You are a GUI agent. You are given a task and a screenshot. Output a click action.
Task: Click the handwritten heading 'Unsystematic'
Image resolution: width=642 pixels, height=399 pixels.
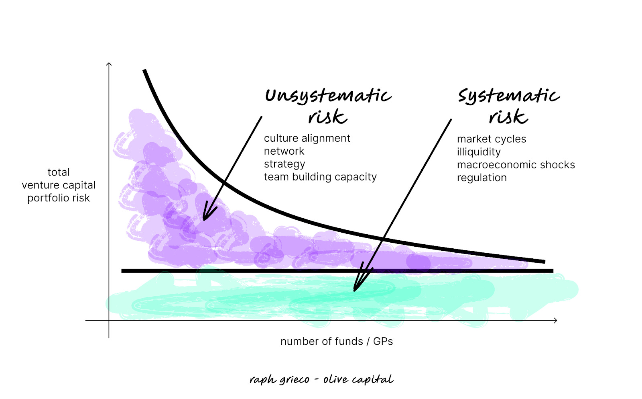pos(328,96)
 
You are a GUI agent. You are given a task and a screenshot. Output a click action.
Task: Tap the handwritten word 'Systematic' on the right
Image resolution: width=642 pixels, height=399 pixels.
pos(508,96)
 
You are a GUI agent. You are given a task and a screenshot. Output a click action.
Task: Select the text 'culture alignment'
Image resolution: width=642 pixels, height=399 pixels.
pos(307,138)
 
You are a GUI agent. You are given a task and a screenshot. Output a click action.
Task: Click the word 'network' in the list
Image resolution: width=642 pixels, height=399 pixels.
pos(284,151)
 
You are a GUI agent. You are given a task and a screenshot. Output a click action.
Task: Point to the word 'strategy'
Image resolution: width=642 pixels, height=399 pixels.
pos(284,164)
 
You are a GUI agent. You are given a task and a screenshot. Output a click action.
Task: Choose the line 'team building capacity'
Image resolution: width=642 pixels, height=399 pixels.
pos(320,177)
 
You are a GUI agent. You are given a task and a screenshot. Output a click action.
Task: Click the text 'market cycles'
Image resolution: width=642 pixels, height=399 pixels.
pos(492,139)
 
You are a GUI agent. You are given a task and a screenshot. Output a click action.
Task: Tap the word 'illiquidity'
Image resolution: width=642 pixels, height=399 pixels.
pos(479,152)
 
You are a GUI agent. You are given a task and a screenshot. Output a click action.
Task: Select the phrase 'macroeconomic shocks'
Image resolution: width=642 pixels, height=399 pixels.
pos(516,165)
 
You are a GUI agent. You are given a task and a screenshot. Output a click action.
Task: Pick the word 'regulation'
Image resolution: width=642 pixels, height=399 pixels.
pos(481,178)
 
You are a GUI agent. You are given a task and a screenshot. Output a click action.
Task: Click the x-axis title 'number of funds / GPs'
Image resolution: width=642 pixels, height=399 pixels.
pos(337,341)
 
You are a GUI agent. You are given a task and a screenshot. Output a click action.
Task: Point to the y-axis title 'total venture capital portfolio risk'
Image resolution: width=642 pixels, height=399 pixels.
pos(59,185)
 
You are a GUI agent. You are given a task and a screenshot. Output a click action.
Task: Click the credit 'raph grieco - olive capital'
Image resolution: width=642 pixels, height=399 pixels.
pos(321,379)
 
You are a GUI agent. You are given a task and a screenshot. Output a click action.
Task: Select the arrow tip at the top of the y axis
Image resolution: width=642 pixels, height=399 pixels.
pos(109,63)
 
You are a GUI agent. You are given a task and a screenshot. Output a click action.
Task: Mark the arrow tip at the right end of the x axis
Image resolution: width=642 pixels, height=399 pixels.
pos(556,320)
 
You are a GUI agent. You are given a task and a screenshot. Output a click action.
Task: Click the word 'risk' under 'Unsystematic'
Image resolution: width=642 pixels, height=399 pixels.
pos(327,117)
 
